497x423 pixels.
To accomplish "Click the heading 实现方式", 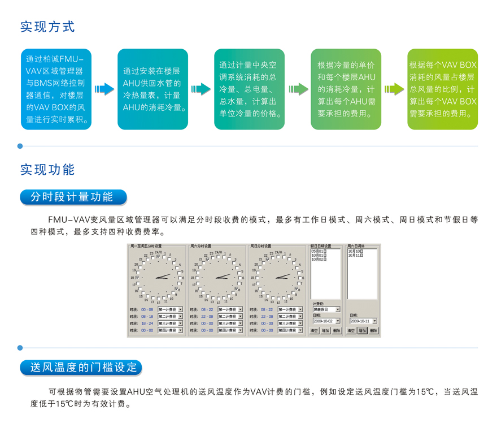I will pyautogui.click(x=47, y=27).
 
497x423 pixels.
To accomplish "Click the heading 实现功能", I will pyautogui.click(x=47, y=170).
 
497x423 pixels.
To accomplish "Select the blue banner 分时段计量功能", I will pyautogui.click(x=73, y=196).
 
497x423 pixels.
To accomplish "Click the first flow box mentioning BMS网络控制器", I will pyautogui.click(x=55, y=89).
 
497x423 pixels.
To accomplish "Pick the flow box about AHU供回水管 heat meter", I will pyautogui.click(x=152, y=89).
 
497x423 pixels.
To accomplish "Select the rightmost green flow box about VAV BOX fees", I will pyautogui.click(x=443, y=89).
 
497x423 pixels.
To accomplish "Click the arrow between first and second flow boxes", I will pyautogui.click(x=104, y=89).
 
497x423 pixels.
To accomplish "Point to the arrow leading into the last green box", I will pyautogui.click(x=394, y=89).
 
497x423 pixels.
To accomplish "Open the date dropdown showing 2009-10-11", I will pyautogui.click(x=363, y=321).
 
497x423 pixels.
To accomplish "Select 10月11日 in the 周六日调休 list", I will pyautogui.click(x=356, y=256).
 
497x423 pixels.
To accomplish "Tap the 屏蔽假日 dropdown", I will pyautogui.click(x=326, y=309).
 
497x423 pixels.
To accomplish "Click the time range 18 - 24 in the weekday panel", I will pyautogui.click(x=147, y=323).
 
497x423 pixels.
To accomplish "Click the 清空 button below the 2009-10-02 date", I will pyautogui.click(x=315, y=330).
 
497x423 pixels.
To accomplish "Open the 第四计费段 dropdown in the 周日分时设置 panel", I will pyautogui.click(x=291, y=330).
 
